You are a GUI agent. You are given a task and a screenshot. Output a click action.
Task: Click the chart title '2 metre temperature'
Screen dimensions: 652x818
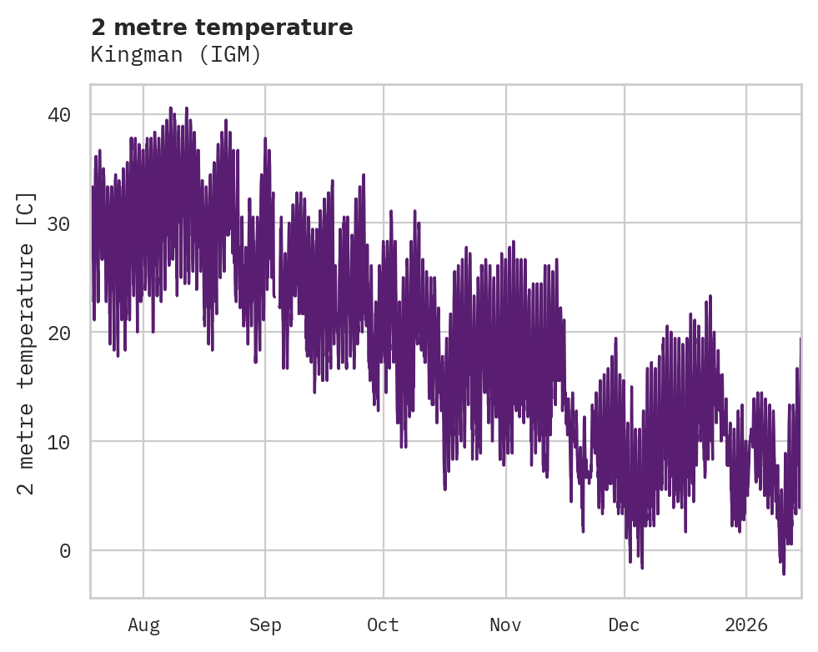222,28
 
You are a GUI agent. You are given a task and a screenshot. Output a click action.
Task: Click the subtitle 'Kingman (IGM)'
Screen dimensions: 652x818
176,55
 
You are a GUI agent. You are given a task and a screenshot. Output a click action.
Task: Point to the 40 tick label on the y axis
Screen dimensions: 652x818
70,114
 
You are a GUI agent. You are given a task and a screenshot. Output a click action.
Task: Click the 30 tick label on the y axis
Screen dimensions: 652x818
70,223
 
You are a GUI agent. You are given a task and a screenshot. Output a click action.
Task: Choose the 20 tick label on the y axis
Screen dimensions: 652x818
70,333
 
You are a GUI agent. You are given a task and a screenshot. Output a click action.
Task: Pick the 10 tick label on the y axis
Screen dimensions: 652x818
70,442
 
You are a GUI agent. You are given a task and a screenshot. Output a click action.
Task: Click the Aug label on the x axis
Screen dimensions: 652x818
143,624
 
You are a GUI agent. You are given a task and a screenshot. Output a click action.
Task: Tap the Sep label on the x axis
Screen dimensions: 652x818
265,624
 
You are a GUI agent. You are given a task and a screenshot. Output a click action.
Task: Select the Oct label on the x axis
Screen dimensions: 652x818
384,624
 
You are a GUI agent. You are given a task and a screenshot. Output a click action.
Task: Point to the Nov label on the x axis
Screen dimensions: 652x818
505,624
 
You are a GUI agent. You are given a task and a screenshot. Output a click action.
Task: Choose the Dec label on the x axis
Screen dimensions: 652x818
624,624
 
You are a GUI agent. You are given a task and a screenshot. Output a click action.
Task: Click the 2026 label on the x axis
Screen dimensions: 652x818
746,624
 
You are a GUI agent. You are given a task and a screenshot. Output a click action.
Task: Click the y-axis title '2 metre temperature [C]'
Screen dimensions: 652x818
27,343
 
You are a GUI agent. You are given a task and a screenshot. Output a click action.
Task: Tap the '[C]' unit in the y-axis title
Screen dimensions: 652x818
27,210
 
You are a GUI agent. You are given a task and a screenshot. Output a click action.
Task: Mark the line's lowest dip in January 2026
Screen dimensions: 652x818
783,574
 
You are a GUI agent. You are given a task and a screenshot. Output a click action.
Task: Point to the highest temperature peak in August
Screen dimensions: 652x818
170,108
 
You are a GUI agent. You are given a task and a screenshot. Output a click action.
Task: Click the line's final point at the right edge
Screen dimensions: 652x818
800,337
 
